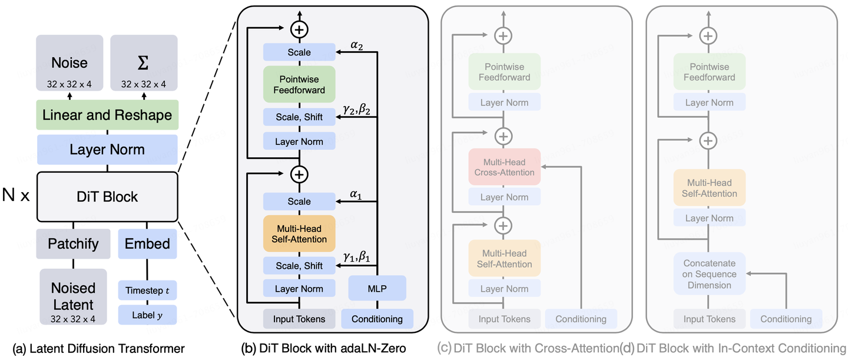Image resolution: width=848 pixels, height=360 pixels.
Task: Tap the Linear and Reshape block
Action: (107, 115)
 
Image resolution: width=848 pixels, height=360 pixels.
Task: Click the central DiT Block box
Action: (107, 196)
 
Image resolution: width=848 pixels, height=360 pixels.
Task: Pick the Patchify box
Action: (73, 244)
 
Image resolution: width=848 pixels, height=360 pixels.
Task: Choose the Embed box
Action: (147, 244)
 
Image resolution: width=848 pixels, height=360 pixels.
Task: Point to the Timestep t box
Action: (147, 290)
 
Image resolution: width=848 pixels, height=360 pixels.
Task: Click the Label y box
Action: (147, 315)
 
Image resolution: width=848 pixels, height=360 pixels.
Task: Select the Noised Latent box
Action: (73, 296)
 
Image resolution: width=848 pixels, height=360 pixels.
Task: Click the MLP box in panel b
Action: (377, 289)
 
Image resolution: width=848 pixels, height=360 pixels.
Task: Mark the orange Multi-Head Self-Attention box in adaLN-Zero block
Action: (299, 233)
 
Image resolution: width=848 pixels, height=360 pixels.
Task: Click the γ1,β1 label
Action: (357, 258)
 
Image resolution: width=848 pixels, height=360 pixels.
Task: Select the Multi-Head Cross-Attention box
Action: (504, 167)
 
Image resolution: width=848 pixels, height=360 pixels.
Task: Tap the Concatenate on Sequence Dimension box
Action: (710, 274)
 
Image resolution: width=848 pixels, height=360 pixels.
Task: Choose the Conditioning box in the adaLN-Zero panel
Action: (377, 319)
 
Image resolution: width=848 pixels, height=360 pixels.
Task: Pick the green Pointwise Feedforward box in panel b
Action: (299, 84)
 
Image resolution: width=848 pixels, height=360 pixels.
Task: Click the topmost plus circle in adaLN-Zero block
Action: (299, 28)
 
